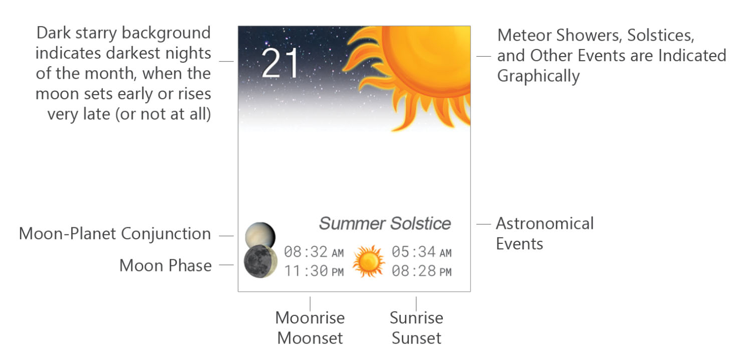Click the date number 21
(x=280, y=64)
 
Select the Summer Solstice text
(x=385, y=223)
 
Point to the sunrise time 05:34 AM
(x=421, y=252)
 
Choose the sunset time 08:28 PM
(x=421, y=271)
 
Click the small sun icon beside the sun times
(x=368, y=261)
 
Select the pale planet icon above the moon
(x=260, y=234)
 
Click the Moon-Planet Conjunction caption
(x=115, y=234)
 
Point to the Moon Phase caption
(x=165, y=265)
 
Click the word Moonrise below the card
(x=310, y=317)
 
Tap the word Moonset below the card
(x=310, y=337)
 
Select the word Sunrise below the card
(x=416, y=317)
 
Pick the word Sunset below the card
(x=416, y=337)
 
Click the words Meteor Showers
(x=557, y=36)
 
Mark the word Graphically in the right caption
(x=538, y=76)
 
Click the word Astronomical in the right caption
(x=545, y=223)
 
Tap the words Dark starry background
(x=123, y=34)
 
